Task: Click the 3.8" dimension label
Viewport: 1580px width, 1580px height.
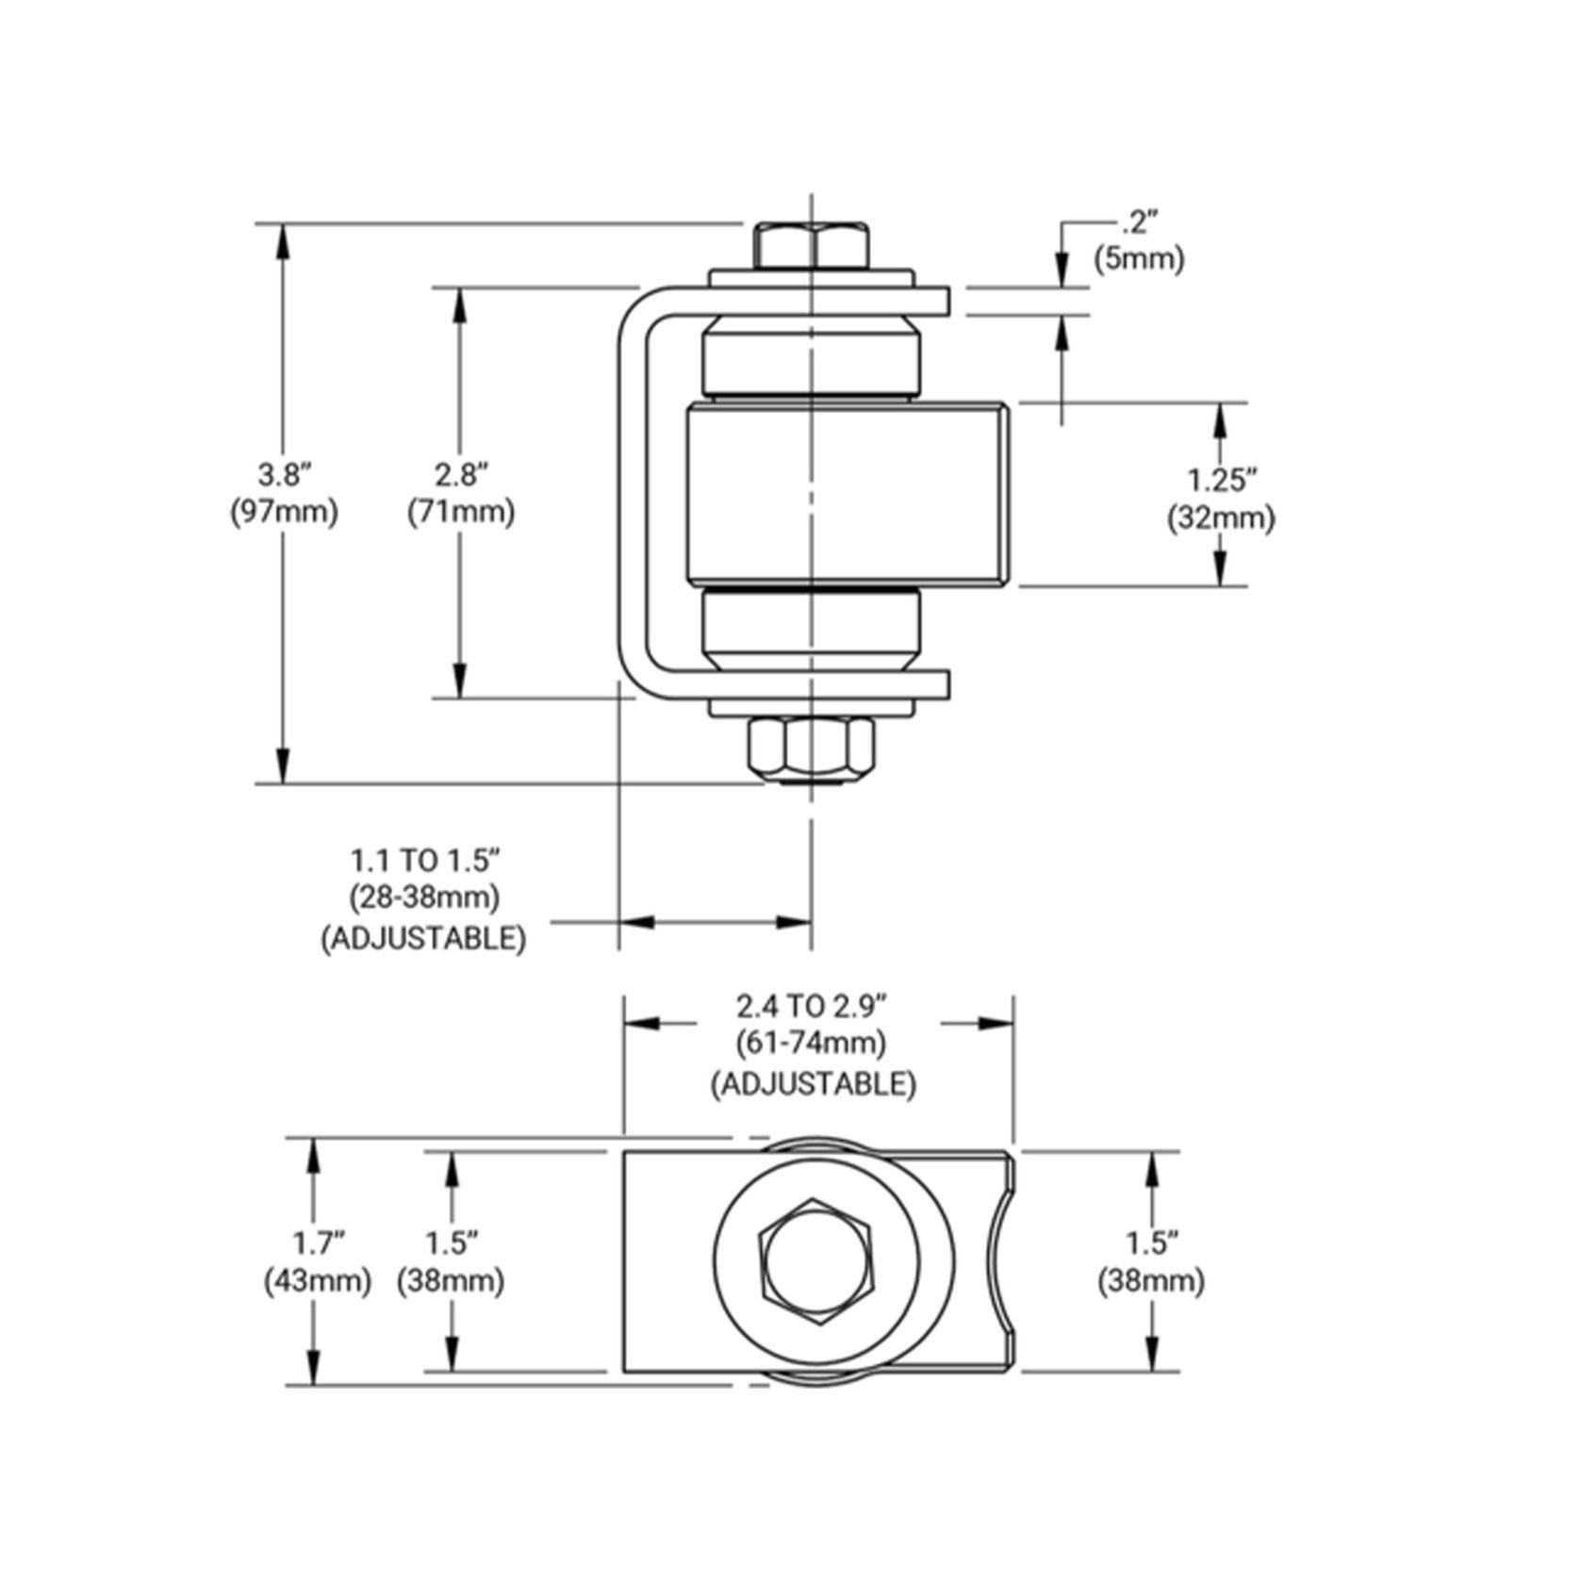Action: [284, 474]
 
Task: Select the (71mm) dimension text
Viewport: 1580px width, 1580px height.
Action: [461, 512]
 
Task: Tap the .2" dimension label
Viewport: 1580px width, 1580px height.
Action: [1139, 223]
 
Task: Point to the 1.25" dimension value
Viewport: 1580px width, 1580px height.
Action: [1223, 480]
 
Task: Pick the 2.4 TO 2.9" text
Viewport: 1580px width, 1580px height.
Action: [813, 1007]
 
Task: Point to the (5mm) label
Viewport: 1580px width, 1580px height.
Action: [1139, 258]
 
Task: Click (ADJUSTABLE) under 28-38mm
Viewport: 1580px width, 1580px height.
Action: [424, 938]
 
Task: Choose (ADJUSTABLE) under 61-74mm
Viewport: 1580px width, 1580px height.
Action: [813, 1084]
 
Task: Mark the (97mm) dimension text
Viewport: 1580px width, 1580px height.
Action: [284, 512]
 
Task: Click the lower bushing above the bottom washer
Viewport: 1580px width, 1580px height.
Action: [812, 625]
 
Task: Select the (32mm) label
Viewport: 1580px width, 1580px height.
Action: [1222, 518]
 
